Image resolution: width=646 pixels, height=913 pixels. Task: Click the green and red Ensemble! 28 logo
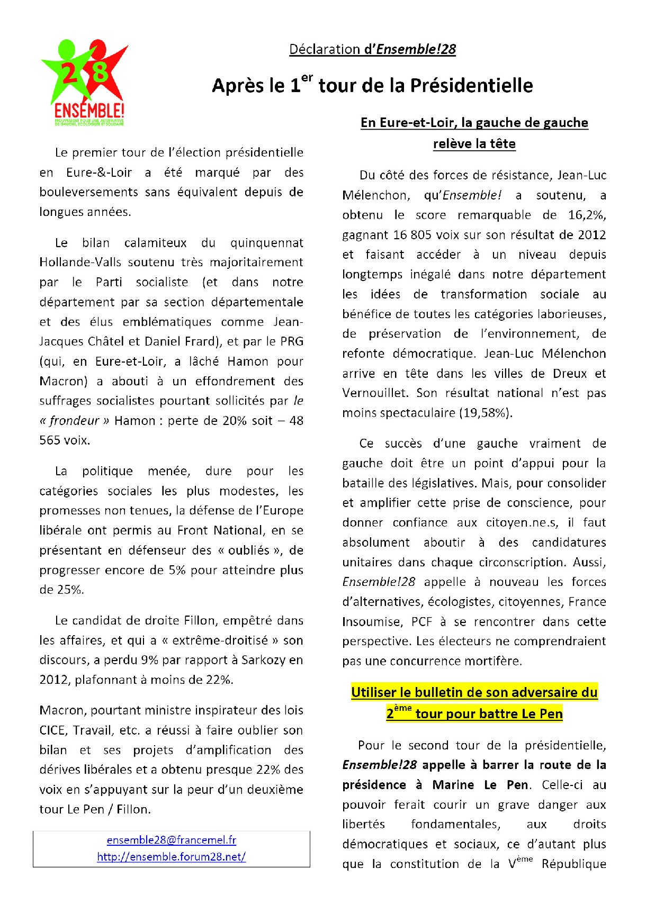click(x=84, y=82)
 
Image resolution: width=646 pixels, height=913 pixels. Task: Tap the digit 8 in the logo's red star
click(x=100, y=71)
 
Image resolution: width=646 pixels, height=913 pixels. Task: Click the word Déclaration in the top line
click(x=325, y=50)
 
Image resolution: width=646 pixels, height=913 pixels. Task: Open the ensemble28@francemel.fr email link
click(x=172, y=840)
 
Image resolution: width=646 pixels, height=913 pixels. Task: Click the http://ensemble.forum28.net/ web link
click(x=172, y=856)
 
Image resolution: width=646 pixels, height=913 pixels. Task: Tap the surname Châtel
click(x=104, y=341)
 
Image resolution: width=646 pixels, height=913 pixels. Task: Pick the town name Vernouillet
click(x=375, y=393)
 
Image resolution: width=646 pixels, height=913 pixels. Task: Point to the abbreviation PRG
click(x=292, y=341)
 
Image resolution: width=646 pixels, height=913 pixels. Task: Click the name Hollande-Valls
click(x=80, y=263)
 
